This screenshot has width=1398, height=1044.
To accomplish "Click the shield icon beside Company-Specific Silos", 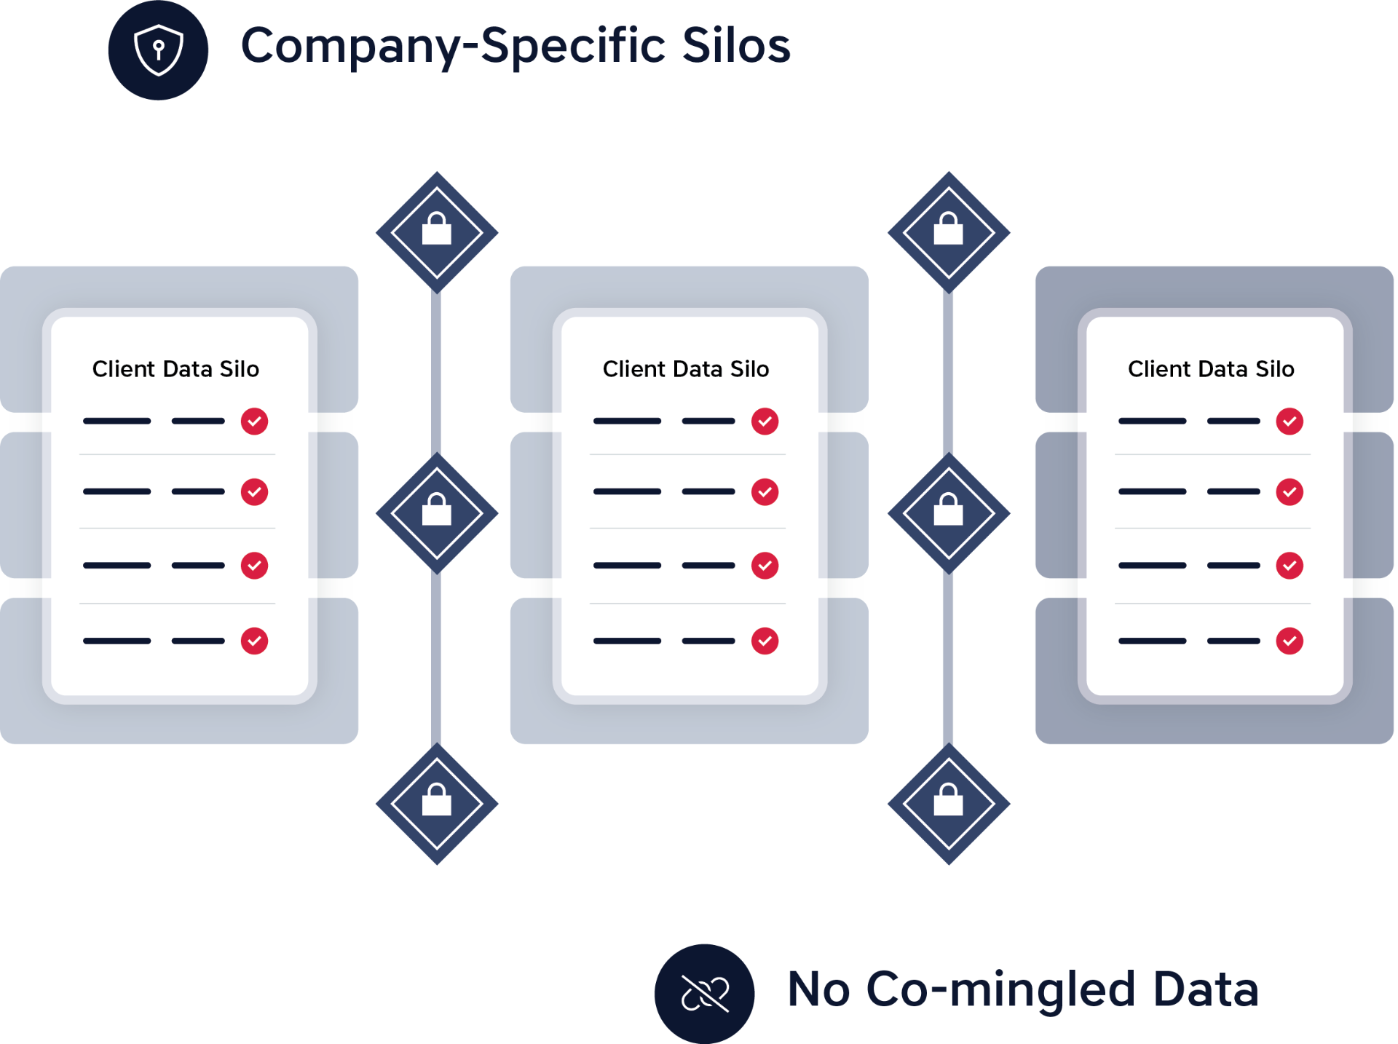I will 158,50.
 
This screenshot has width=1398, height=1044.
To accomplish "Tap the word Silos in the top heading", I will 735,46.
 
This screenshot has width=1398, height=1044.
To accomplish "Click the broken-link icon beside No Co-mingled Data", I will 704,994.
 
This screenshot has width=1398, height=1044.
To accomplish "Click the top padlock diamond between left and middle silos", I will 437,232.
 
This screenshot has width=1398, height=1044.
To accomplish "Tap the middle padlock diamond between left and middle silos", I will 437,513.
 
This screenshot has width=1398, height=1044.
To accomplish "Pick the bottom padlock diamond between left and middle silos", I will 437,804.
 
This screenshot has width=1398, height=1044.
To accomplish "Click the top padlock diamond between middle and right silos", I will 948,232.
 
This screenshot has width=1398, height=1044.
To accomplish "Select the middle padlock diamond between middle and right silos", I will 948,513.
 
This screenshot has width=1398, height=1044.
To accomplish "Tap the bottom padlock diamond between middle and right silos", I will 948,804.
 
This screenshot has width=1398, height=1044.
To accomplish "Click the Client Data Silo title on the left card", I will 175,369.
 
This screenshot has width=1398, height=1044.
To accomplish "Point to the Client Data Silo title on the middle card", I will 686,369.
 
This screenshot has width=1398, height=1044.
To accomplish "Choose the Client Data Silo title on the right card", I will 1211,369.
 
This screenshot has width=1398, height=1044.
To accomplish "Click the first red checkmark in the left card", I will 254,422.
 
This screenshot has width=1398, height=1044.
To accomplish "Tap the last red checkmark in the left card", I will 254,641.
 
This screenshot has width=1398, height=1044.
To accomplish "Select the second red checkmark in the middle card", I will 765,492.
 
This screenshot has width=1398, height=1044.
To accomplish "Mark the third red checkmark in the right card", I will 1290,566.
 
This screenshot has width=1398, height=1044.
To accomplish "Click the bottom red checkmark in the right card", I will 1290,641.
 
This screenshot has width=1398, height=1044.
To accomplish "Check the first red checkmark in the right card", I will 1290,422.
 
